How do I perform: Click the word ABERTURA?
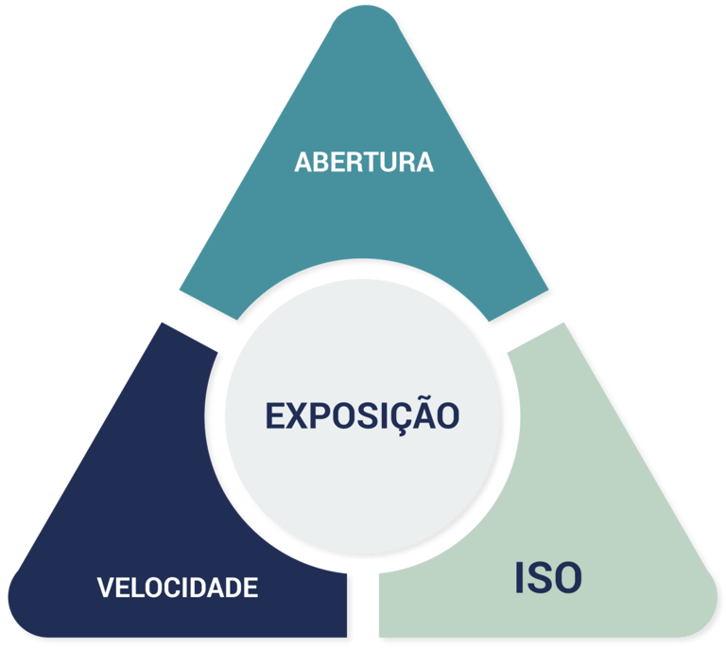[363, 162]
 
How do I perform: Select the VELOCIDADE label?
[177, 588]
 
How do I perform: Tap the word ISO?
[548, 578]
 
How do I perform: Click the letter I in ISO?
[520, 578]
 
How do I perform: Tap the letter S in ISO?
[543, 578]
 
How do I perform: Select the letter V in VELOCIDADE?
[105, 588]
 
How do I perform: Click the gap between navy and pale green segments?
[363, 606]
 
